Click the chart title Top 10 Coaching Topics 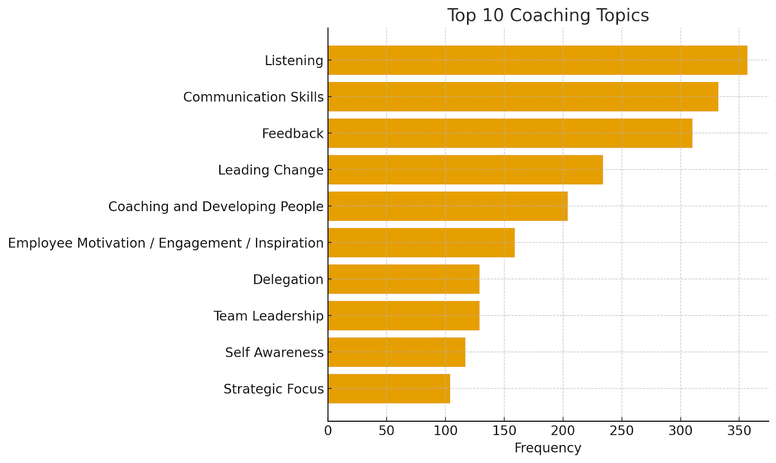click(548, 16)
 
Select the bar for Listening click(537, 60)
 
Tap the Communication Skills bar click(523, 97)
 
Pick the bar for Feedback click(510, 133)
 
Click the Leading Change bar click(465, 169)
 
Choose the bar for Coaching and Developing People click(448, 206)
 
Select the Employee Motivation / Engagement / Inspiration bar click(421, 243)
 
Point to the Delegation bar click(404, 279)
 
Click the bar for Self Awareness click(396, 352)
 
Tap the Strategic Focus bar click(389, 388)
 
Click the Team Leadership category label click(268, 316)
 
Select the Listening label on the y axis click(294, 61)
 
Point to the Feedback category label click(292, 133)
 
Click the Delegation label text click(288, 280)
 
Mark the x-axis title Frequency click(548, 448)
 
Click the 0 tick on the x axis click(328, 430)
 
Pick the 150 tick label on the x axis click(504, 430)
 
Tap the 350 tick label click(739, 430)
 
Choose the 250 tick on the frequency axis click(622, 430)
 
